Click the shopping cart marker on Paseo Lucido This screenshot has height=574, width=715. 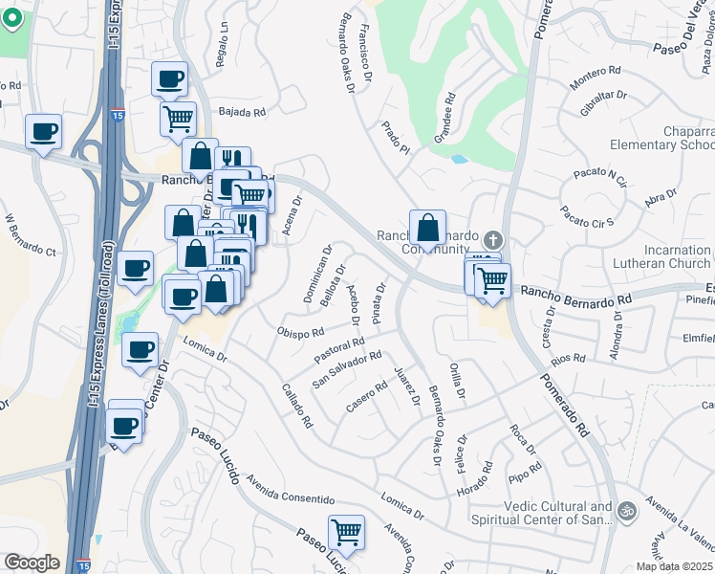tap(345, 531)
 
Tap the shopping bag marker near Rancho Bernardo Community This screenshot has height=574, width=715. tap(427, 228)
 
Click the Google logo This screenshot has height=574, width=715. tap(32, 563)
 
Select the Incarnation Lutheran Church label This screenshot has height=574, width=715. tap(663, 256)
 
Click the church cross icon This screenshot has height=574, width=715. tap(492, 239)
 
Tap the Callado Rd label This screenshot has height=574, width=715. tap(297, 406)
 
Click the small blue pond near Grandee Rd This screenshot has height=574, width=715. tap(460, 159)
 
